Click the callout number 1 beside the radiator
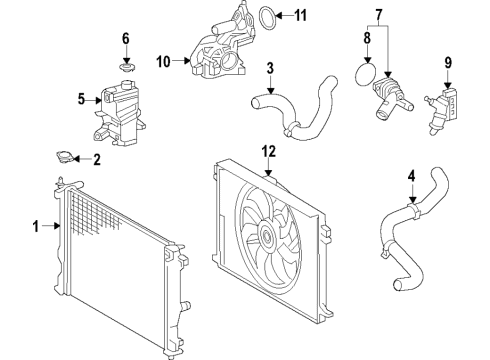pyautogui.click(x=37, y=227)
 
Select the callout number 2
pyautogui.click(x=97, y=159)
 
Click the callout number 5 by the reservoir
pyautogui.click(x=83, y=99)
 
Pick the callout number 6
pyautogui.click(x=126, y=39)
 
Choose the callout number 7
pyautogui.click(x=378, y=16)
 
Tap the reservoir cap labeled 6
pyautogui.click(x=126, y=67)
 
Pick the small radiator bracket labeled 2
pyautogui.click(x=67, y=157)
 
